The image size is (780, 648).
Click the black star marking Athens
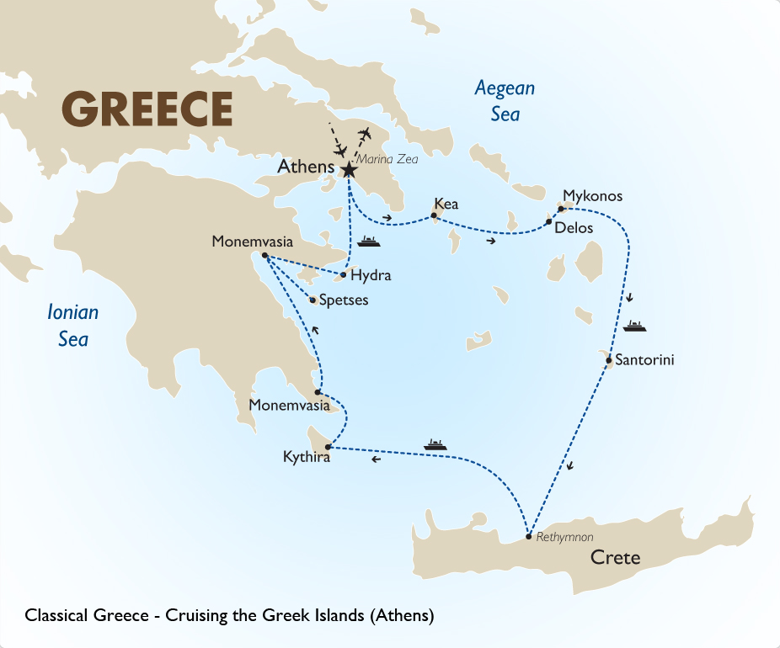(349, 170)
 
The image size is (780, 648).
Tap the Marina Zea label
(386, 159)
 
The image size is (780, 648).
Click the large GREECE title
(147, 109)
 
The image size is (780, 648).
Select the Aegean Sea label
(505, 101)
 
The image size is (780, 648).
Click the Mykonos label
(592, 196)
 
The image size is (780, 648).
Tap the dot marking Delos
(548, 222)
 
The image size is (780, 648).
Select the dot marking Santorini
(609, 362)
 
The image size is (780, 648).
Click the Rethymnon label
(564, 536)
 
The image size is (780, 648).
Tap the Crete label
(615, 557)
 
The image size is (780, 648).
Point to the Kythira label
(306, 459)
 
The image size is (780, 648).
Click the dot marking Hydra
(343, 274)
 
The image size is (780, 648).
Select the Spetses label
(344, 300)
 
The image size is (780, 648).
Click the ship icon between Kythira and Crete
(435, 444)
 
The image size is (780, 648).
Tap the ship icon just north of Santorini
(633, 326)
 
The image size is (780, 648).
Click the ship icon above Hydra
(369, 242)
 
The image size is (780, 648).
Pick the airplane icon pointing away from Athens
(365, 134)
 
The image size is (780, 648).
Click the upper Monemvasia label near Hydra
(252, 242)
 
